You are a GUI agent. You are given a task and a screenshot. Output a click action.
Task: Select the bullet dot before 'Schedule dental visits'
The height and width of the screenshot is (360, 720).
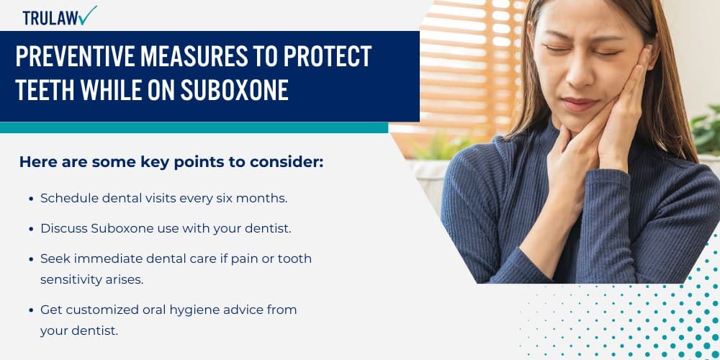(30, 198)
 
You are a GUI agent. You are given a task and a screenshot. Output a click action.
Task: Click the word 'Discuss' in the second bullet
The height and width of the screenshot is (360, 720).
(63, 228)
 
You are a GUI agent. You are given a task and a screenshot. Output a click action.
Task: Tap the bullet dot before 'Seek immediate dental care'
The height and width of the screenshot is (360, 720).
(30, 259)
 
